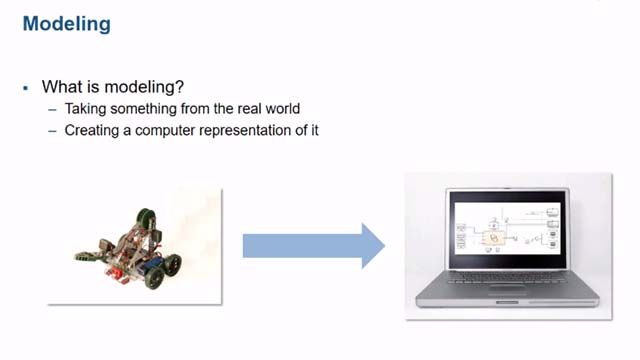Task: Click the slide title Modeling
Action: [66, 23]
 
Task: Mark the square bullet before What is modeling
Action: [26, 88]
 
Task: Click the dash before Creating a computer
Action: [52, 130]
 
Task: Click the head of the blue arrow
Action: [371, 245]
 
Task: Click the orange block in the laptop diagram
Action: [492, 239]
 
